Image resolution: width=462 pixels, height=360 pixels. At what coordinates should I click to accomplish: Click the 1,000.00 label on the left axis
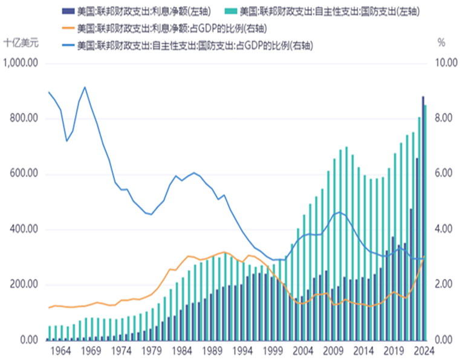coord(22,63)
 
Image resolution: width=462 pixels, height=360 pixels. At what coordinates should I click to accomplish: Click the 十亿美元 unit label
coord(21,43)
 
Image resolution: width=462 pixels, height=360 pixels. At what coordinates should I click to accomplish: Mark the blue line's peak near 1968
coord(85,87)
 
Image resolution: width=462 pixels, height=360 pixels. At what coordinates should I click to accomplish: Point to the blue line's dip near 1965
coord(67,141)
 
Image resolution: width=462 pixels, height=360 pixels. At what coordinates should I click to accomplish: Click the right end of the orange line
coord(425,257)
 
